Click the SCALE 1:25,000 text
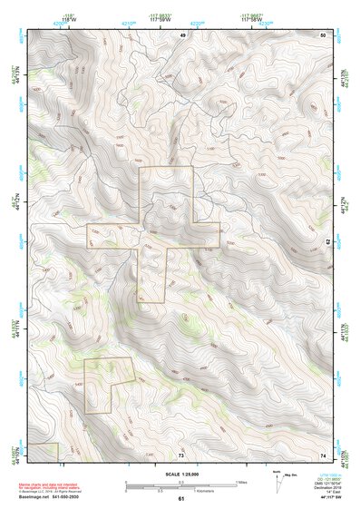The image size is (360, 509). point(181,473)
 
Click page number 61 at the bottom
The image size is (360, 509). point(181,499)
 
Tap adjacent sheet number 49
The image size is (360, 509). point(181,34)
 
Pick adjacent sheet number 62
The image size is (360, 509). point(327,242)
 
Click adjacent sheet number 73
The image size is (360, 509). point(181,454)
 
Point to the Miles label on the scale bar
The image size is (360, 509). point(241,482)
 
